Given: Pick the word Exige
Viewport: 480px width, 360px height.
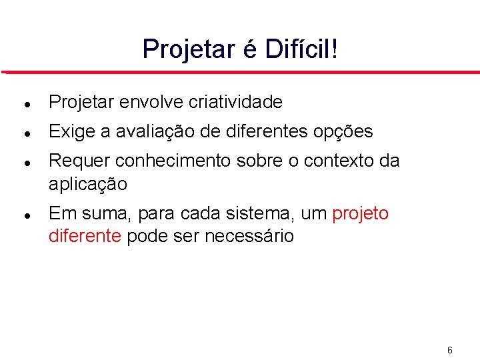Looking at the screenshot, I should pyautogui.click(x=71, y=132).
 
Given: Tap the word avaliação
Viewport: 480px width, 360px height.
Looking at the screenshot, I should pyautogui.click(x=148, y=132).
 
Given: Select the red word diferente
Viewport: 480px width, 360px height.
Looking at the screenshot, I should pyautogui.click(x=85, y=236).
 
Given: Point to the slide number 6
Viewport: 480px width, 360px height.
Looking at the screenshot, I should pyautogui.click(x=450, y=350).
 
